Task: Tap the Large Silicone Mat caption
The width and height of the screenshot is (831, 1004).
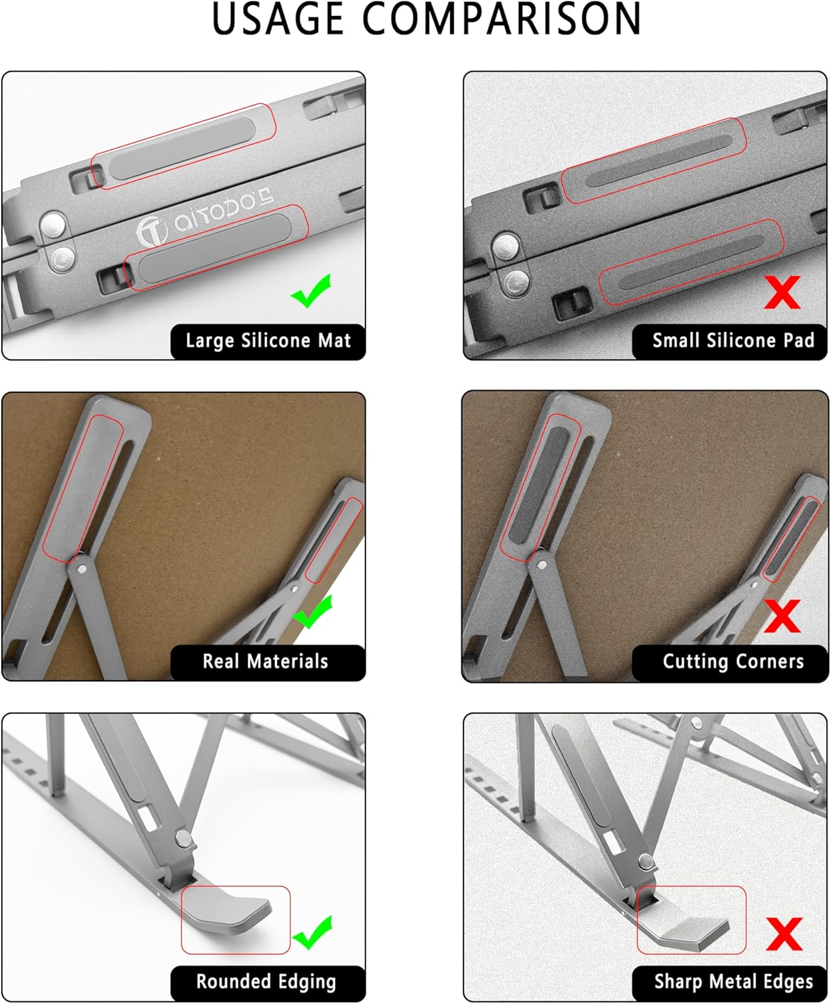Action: [x=268, y=341]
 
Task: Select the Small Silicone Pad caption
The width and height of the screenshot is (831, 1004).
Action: [x=733, y=341]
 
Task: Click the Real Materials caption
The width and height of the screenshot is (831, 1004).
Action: [x=266, y=661]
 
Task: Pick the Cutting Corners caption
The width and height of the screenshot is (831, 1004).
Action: [x=733, y=661]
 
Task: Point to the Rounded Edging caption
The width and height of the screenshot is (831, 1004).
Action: [x=266, y=982]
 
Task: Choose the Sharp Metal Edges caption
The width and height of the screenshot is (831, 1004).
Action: [x=733, y=982]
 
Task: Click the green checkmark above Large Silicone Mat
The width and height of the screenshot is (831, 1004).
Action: [x=311, y=291]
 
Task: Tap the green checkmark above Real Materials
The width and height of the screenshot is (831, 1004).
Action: [x=313, y=612]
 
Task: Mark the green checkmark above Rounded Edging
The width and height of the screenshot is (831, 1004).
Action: [x=313, y=932]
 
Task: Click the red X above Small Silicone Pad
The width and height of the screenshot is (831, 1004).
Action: [x=782, y=292]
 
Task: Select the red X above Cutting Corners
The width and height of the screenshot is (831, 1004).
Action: [x=782, y=615]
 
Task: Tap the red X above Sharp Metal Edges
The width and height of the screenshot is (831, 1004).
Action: [x=783, y=933]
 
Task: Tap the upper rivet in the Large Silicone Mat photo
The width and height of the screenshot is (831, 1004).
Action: [x=53, y=224]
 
